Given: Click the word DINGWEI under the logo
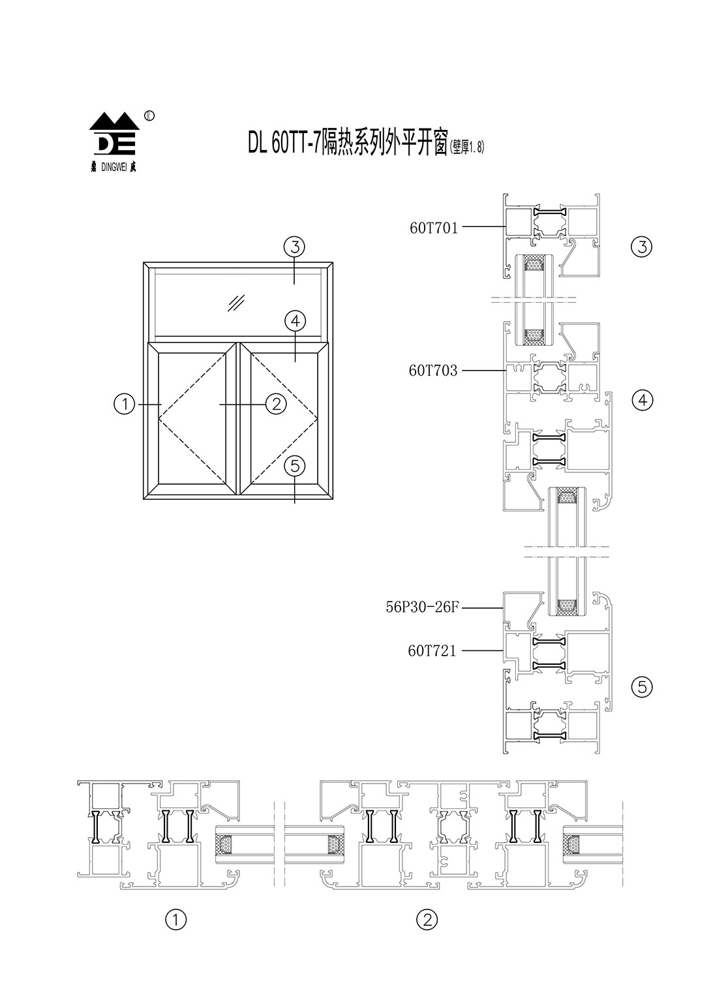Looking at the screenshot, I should tap(114, 166).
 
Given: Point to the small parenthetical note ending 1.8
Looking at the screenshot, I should tap(467, 149).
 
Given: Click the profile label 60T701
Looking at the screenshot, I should tap(434, 228).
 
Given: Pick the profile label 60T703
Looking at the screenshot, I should tap(433, 371).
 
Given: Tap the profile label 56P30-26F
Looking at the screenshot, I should tap(423, 607).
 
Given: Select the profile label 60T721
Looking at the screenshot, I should tap(432, 650).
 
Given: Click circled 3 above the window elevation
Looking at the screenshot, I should tap(295, 247).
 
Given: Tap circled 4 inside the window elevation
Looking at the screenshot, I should tap(295, 321).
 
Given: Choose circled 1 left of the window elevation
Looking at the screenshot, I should tap(124, 404).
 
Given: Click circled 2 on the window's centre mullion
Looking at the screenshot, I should tap(276, 404).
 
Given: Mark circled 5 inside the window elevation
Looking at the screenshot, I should tap(295, 466).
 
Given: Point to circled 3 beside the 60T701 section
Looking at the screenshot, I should tap(643, 247).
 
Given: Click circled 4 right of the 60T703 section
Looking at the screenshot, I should tap(643, 400).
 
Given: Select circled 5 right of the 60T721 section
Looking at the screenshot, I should tap(643, 686).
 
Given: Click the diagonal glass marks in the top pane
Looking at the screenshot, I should tap(235, 303).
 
